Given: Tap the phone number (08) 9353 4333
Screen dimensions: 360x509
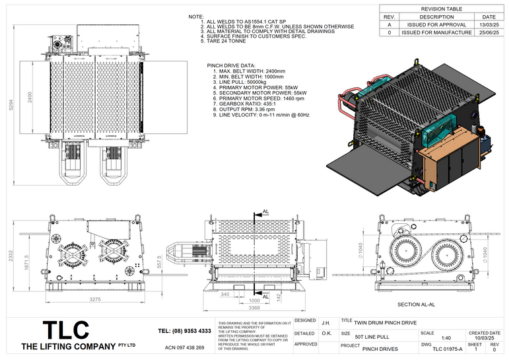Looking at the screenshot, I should pyautogui.click(x=185, y=330).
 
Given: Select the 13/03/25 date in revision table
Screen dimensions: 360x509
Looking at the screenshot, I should pyautogui.click(x=489, y=24).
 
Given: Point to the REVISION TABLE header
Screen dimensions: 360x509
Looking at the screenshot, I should pyautogui.click(x=441, y=9).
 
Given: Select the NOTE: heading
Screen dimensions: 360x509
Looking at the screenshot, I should pyautogui.click(x=196, y=15).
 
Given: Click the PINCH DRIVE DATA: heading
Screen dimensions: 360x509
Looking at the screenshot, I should pyautogui.click(x=231, y=66).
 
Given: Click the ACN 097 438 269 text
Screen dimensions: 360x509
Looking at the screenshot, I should pyautogui.click(x=184, y=347).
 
